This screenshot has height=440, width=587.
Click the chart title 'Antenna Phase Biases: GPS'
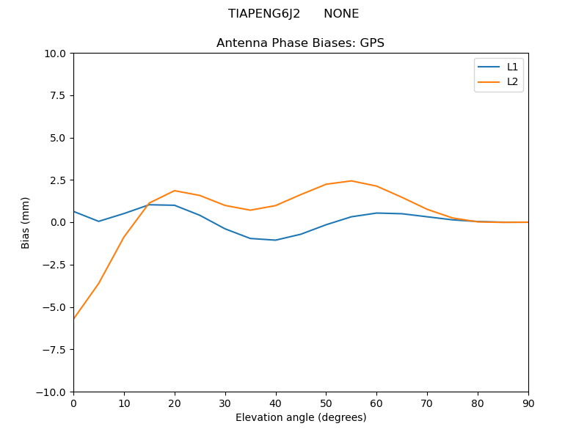300,43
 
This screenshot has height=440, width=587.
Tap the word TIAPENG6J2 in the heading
264,14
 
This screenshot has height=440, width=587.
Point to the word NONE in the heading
341,14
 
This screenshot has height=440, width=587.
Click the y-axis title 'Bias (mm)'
26,222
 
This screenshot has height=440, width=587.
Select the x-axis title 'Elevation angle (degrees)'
301,418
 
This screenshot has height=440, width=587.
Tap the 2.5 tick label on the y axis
59,180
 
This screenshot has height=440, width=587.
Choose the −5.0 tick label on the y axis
56,307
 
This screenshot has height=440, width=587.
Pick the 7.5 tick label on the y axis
59,96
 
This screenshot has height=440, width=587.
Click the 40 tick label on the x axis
276,403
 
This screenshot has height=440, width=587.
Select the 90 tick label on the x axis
528,403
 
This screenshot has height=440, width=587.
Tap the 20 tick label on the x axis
175,403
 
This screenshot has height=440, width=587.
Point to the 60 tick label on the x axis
376,403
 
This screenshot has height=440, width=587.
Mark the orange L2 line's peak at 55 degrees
351,180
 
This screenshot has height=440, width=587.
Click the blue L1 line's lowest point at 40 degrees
276,240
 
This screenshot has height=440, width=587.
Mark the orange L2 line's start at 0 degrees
74,318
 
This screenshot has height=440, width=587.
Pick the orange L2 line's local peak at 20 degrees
175,191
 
